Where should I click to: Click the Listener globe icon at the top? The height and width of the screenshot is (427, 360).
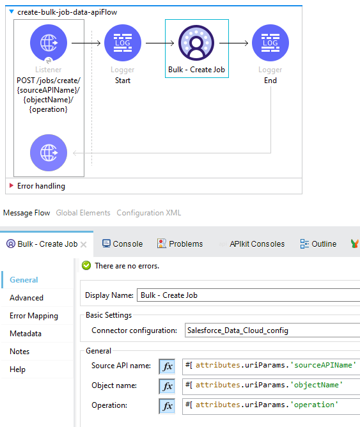tap(49, 43)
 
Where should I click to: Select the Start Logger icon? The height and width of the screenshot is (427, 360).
tap(123, 43)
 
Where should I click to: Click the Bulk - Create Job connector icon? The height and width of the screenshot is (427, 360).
tap(196, 43)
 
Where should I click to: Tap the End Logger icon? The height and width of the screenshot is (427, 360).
tap(270, 43)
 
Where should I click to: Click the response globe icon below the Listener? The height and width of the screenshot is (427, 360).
tap(49, 153)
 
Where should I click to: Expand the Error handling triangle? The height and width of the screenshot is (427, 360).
tap(11, 186)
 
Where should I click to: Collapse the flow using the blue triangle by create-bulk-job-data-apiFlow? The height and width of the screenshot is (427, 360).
tap(12, 12)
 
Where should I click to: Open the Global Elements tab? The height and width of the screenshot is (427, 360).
tap(82, 212)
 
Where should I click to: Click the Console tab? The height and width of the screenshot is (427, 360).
tap(123, 244)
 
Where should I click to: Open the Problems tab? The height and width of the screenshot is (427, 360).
tap(180, 244)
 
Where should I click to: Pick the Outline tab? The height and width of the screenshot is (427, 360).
tap(318, 244)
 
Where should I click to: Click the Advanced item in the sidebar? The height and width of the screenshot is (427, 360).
tap(26, 298)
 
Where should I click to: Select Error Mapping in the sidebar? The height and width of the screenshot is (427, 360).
tap(34, 316)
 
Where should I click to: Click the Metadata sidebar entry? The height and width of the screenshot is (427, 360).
tap(26, 334)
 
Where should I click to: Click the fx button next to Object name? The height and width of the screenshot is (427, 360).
tap(167, 386)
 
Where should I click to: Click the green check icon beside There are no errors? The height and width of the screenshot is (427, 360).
tap(86, 265)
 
